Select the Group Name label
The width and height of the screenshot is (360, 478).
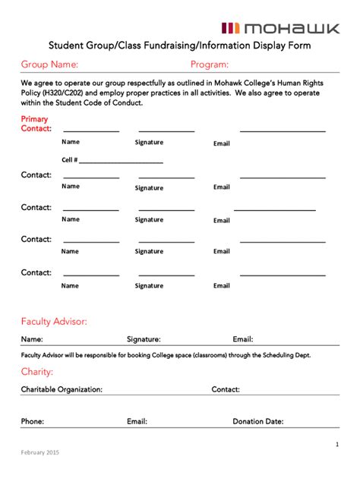coord(49,64)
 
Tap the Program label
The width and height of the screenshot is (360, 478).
coord(210,64)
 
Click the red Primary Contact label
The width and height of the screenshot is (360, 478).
coord(36,124)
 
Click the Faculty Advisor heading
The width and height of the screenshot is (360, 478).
coord(54,322)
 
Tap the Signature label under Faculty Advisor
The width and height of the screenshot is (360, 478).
coord(144,339)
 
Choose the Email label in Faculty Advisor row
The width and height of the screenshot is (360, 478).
coord(242,339)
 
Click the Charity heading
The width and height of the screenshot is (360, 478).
coord(36,372)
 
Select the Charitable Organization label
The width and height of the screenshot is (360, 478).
coord(62,389)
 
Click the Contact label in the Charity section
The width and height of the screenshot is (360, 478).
coord(226,389)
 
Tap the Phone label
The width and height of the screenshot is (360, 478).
coord(33,421)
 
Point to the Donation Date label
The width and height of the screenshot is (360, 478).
coord(257,421)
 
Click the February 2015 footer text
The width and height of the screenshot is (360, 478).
coord(39,453)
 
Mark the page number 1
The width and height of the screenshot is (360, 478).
coord(336,444)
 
